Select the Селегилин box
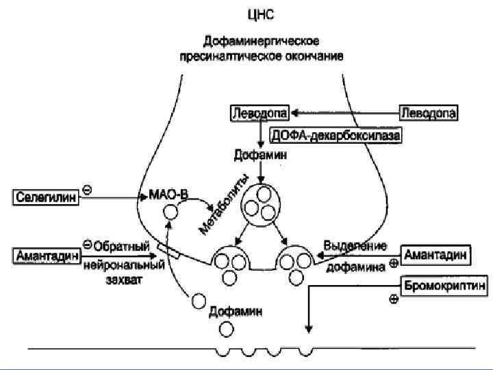click(x=46, y=197)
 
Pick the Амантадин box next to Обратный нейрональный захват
click(x=46, y=255)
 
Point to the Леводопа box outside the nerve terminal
click(x=429, y=111)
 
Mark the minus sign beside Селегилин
click(x=87, y=187)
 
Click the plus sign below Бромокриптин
click(x=394, y=299)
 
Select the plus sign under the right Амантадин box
click(x=394, y=263)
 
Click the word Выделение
click(x=355, y=246)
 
